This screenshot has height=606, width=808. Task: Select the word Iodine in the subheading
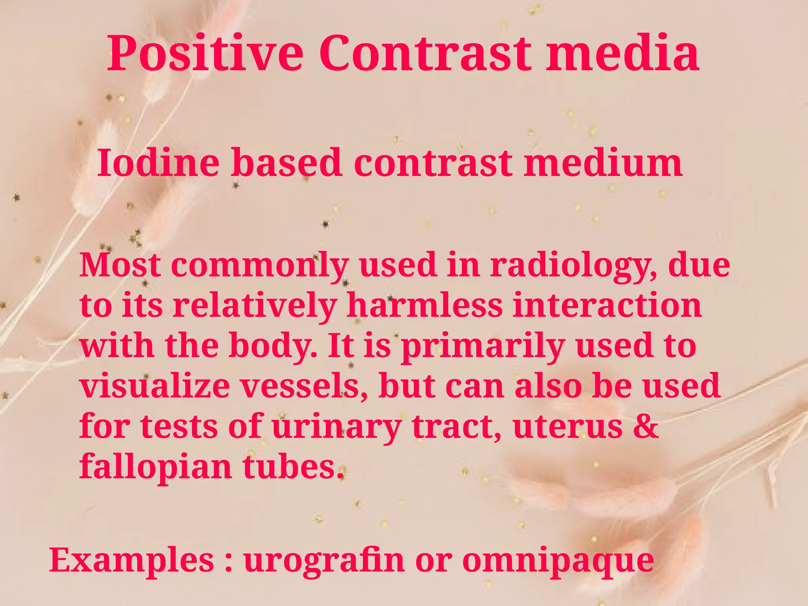(158, 163)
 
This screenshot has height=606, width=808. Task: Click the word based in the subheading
(286, 163)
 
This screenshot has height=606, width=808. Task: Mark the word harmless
(425, 305)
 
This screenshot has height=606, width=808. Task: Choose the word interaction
(607, 305)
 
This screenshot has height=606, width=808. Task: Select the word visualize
(155, 386)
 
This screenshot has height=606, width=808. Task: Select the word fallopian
(156, 467)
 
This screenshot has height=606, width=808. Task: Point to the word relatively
(254, 306)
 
